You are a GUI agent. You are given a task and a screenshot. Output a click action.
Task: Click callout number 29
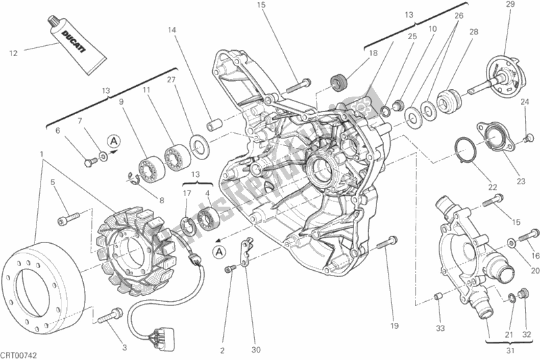point(510,5)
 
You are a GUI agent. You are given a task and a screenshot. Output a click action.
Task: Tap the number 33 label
point(441,329)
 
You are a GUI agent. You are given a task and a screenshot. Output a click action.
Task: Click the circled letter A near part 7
point(115,140)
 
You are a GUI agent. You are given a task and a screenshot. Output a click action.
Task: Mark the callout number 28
point(474,32)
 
